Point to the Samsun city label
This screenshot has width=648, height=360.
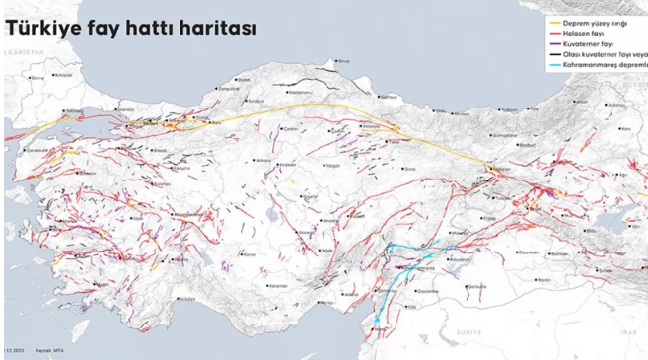pos(389,97)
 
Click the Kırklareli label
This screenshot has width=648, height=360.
pos(65,74)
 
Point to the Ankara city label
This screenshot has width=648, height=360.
pos(264,164)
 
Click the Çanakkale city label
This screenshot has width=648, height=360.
pos(36,150)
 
